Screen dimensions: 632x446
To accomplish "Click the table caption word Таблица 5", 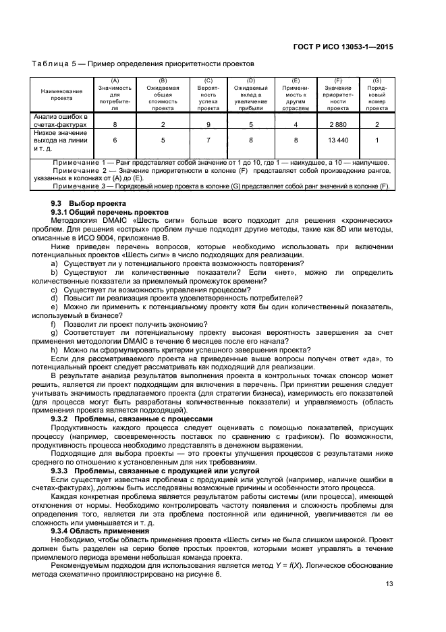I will (x=56, y=63).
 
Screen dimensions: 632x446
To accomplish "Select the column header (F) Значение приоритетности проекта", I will (x=337, y=94).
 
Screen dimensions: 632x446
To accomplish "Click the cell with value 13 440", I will (x=337, y=140).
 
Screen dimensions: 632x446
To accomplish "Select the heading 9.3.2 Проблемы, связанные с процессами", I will (x=132, y=419).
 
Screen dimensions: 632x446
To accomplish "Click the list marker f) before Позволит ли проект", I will (x=54, y=324).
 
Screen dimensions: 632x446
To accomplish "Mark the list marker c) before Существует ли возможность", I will (x=54, y=290).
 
